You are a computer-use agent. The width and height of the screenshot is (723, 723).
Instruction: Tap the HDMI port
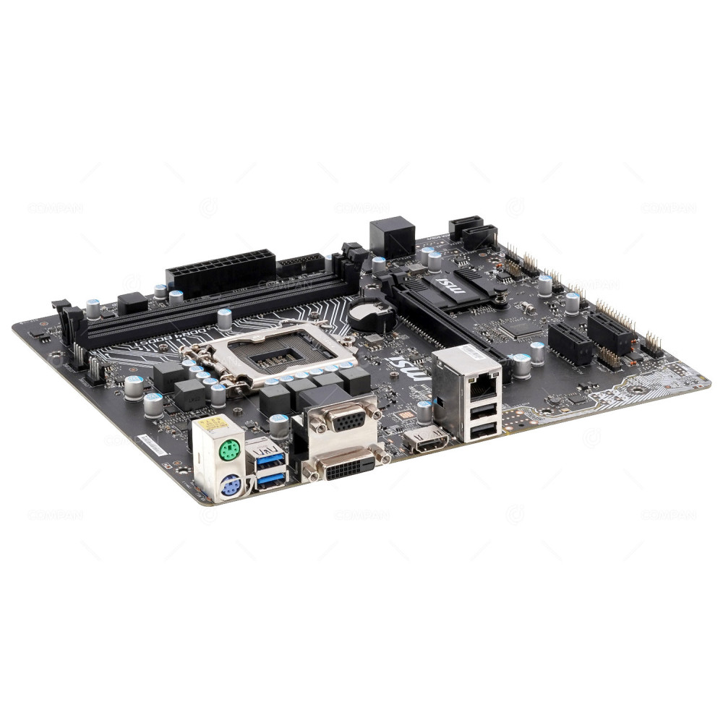pyautogui.click(x=427, y=440)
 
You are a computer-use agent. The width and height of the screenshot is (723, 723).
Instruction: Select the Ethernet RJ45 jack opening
pyautogui.click(x=482, y=385)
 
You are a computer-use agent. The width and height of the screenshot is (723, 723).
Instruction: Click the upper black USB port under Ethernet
pyautogui.click(x=483, y=410)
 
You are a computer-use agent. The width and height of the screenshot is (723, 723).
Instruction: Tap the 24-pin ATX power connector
pyautogui.click(x=220, y=268)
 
